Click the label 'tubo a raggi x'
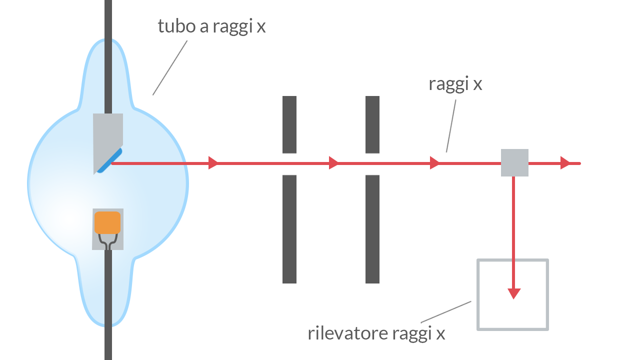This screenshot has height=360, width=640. tap(211, 26)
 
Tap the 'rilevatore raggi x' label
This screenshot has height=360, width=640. tap(376, 333)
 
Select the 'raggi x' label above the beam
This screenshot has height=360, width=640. tap(455, 84)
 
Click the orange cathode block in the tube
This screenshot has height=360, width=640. tap(107, 222)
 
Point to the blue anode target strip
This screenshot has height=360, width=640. tap(109, 160)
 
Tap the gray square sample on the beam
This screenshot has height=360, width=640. tap(514, 162)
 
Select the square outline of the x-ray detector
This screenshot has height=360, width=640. tap(478, 294)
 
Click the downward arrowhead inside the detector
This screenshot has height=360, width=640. tap(513, 293)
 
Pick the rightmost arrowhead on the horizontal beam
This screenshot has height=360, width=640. tap(565, 163)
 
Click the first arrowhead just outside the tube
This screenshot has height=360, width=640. tap(213, 163)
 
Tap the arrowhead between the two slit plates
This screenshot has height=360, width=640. tap(333, 163)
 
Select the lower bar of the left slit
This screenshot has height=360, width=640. tap(289, 228)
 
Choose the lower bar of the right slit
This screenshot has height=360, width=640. tap(372, 228)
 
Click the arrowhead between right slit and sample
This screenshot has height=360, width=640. tap(434, 163)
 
